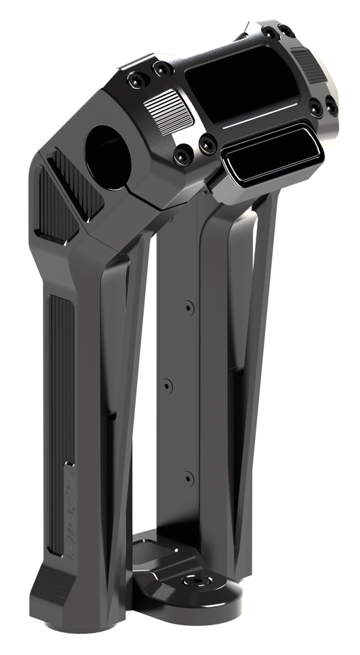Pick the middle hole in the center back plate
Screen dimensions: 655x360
[168, 386]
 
